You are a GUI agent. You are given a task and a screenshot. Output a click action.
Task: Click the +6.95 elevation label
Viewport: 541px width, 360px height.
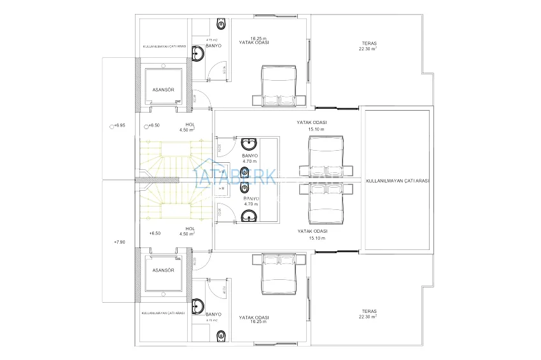click(x=120, y=126)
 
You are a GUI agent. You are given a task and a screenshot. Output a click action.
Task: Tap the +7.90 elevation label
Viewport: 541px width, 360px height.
click(x=119, y=242)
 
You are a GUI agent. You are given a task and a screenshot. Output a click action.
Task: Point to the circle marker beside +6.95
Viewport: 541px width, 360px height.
click(x=112, y=126)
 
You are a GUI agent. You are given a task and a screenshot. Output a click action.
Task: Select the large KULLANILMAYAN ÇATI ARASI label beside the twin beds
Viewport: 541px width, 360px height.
click(x=397, y=181)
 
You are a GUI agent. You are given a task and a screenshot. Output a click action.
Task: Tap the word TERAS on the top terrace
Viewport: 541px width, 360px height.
click(x=363, y=44)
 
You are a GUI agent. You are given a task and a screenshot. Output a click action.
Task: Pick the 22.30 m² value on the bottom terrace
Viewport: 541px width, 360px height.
click(x=367, y=316)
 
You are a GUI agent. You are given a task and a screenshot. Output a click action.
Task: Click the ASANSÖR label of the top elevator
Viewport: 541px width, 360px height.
click(x=163, y=90)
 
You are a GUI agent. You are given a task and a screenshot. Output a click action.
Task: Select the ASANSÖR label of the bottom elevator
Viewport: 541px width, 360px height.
click(x=163, y=270)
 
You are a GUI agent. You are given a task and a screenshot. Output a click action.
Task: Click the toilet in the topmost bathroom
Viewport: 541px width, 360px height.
click(x=221, y=24)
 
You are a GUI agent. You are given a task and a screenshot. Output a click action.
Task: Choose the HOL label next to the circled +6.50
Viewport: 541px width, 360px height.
click(x=190, y=125)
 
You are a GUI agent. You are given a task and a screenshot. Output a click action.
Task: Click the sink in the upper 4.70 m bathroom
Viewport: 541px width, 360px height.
click(x=248, y=143)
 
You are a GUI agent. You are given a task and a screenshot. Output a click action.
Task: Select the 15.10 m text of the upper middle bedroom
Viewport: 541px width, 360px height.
click(x=316, y=129)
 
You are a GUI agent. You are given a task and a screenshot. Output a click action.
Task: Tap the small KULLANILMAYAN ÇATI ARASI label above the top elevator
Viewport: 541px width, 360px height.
click(x=164, y=46)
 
